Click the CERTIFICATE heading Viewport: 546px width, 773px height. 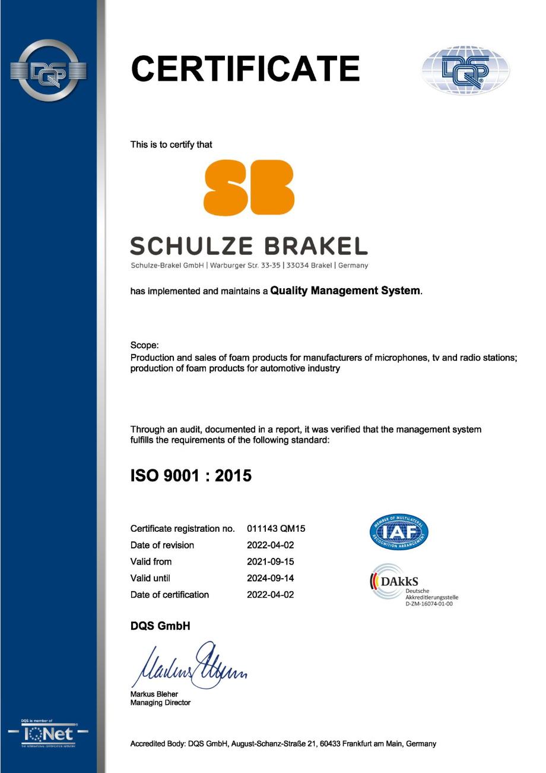[x=245, y=69]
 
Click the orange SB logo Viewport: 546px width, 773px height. [x=249, y=187]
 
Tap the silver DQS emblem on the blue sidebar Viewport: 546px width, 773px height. [x=48, y=71]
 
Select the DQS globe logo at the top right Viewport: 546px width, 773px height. [x=465, y=71]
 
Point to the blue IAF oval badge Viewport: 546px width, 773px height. [x=398, y=532]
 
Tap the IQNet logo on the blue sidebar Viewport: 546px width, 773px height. [x=48, y=733]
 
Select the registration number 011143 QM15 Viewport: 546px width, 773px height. [x=276, y=528]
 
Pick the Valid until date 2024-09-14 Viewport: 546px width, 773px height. [x=270, y=578]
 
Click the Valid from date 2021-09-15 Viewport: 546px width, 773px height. [x=270, y=561]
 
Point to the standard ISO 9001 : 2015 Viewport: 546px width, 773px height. [x=191, y=476]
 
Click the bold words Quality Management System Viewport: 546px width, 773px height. [x=345, y=291]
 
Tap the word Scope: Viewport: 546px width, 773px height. [x=144, y=345]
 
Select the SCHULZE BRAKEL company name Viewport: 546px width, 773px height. [x=249, y=245]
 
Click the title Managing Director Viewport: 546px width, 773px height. [x=160, y=703]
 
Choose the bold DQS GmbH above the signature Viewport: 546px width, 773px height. [x=160, y=626]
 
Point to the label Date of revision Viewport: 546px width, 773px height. [x=162, y=545]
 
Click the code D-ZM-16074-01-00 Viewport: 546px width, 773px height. [x=428, y=604]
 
